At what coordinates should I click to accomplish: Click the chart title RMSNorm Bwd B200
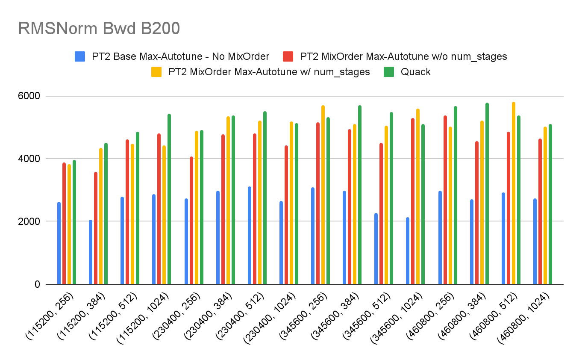click(x=99, y=29)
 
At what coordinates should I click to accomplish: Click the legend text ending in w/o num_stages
click(x=403, y=56)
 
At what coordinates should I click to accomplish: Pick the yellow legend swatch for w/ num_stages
click(x=157, y=72)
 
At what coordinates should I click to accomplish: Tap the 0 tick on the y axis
click(x=44, y=284)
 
